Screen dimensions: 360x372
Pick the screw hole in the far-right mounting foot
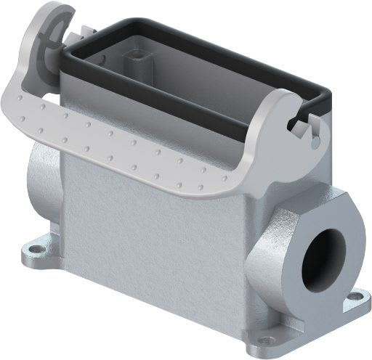(x=357, y=296)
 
